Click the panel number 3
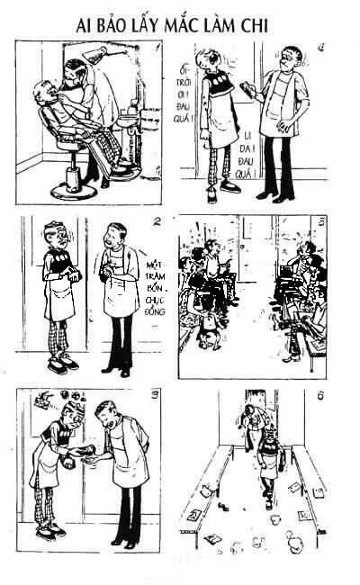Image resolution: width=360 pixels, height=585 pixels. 157,395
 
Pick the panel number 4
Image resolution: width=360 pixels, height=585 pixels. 321,46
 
